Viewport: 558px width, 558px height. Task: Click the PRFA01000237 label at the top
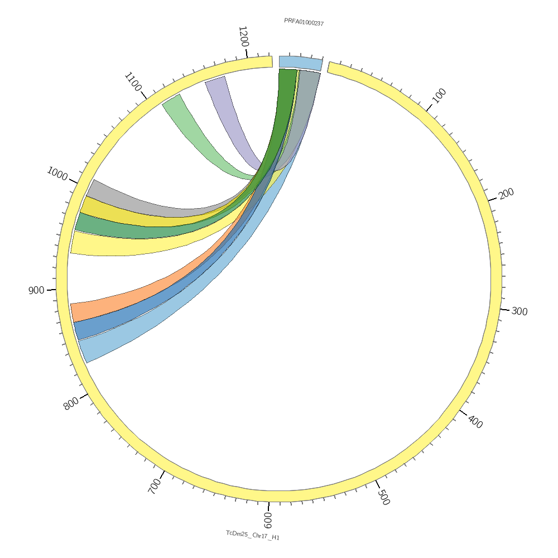pos(304,22)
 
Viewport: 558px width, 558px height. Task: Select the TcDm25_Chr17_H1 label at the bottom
pos(252,535)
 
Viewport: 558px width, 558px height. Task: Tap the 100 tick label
pos(439,96)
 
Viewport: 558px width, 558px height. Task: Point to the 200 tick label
pos(506,194)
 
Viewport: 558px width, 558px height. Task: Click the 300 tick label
pos(519,311)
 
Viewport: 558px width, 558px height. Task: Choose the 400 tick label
pos(475,422)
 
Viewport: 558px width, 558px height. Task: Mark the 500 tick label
pos(383,497)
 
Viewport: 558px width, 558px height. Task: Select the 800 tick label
pos(71,403)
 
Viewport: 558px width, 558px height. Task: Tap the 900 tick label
pos(36,290)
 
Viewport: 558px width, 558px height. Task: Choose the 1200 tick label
pos(243,37)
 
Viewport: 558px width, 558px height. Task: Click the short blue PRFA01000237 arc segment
pos(300,63)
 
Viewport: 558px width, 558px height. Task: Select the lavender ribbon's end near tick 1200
pos(216,80)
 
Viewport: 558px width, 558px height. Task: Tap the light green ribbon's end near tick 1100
pos(172,99)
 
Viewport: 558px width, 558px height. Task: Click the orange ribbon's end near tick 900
pos(73,312)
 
